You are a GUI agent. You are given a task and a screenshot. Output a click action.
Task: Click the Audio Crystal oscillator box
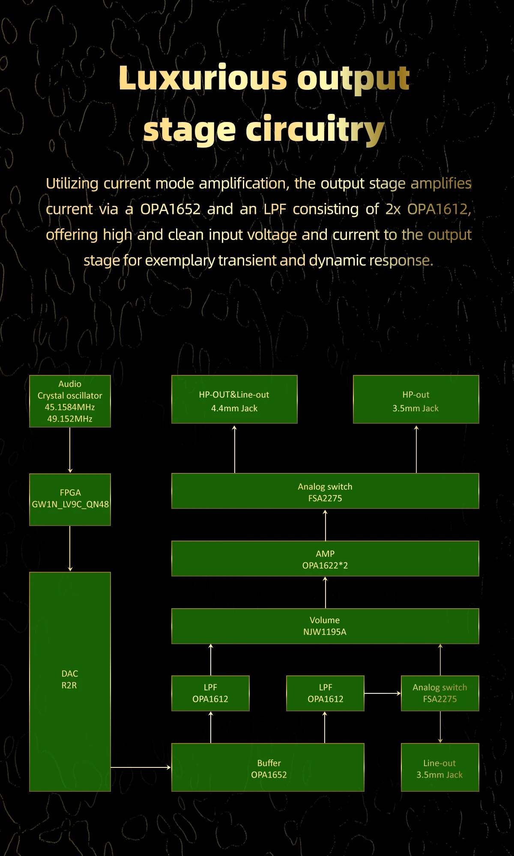coord(70,401)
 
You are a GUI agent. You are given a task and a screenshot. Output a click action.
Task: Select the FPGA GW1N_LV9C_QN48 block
coord(70,499)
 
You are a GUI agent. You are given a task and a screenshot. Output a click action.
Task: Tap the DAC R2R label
coord(69,679)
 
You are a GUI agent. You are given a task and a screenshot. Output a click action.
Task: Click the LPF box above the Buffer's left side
coord(210,693)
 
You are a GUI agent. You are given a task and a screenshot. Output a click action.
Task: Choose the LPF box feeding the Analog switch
coord(325,693)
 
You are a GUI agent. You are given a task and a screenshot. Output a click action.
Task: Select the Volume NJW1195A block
coord(325,626)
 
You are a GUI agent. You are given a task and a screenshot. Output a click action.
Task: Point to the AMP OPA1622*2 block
coord(325,559)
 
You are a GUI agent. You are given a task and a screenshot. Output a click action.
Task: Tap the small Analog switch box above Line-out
coord(440,693)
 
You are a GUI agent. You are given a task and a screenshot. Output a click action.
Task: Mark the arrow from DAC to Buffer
coord(141,767)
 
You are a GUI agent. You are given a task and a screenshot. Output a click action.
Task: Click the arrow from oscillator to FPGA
coord(70,450)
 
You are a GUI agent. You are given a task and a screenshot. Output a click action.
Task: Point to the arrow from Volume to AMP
coord(325,592)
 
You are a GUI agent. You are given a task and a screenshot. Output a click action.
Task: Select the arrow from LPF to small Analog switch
coord(383,693)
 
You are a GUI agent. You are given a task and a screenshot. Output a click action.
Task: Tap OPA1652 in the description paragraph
coord(170,209)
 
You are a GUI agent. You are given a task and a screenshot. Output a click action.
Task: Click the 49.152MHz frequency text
coord(70,419)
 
